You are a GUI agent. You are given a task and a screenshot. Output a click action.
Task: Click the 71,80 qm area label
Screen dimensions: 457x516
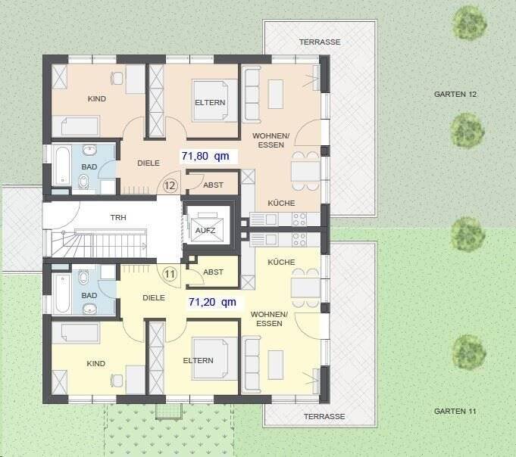(205, 157)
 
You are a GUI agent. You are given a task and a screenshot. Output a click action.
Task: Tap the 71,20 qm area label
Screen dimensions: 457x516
(211, 301)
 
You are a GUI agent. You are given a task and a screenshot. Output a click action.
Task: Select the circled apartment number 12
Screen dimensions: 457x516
(170, 185)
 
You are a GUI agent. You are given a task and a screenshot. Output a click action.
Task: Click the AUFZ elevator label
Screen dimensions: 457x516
(205, 229)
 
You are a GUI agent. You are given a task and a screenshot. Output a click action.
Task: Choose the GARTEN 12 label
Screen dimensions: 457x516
(455, 95)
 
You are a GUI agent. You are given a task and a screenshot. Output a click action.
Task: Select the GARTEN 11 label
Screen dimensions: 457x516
(455, 411)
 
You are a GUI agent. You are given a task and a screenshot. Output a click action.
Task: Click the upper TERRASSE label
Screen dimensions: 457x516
(319, 42)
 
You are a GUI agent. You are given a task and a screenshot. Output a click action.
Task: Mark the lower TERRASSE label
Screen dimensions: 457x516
(324, 416)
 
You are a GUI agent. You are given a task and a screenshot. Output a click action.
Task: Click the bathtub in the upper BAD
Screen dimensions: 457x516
(61, 165)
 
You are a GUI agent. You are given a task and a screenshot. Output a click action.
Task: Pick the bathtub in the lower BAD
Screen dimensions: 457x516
(61, 293)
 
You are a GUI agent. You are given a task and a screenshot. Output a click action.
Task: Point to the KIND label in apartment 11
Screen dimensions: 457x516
(96, 363)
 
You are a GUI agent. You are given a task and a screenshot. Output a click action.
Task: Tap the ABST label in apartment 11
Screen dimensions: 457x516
(214, 272)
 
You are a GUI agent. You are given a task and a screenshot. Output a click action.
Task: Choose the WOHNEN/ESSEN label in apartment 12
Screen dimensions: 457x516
(271, 140)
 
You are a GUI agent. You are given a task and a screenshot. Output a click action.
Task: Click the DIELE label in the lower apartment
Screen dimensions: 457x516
(154, 297)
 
